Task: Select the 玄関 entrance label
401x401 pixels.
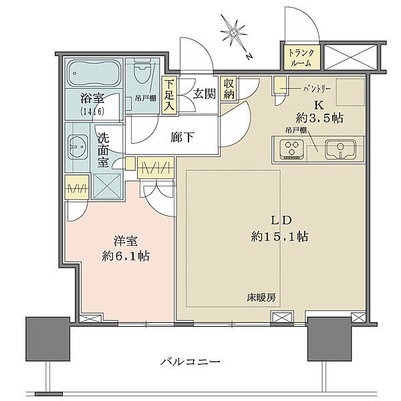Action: click(205, 94)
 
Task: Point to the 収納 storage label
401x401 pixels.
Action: click(229, 88)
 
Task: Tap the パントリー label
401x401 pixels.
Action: click(304, 88)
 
